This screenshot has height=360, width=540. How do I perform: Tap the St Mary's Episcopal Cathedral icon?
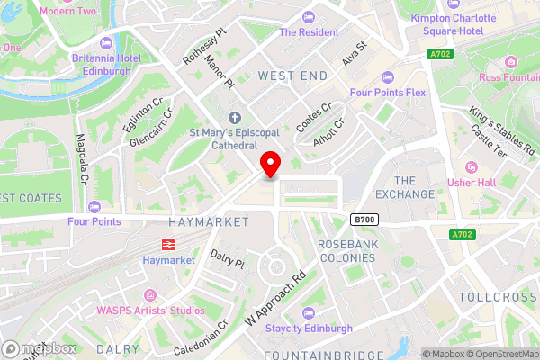(x=236, y=118)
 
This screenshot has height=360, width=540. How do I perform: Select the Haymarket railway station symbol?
(x=167, y=243)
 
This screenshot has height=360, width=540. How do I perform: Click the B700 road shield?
(x=363, y=220)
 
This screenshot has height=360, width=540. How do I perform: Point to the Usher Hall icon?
(x=471, y=167)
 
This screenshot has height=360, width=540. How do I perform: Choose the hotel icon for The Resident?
(x=310, y=16)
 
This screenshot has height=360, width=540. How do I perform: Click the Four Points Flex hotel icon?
(x=389, y=76)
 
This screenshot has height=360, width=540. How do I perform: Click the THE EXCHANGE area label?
(x=405, y=187)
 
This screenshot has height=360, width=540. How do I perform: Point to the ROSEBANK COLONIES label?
(x=346, y=250)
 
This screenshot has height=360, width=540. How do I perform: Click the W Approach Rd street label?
(x=275, y=298)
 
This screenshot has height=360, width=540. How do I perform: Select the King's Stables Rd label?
(x=502, y=130)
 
